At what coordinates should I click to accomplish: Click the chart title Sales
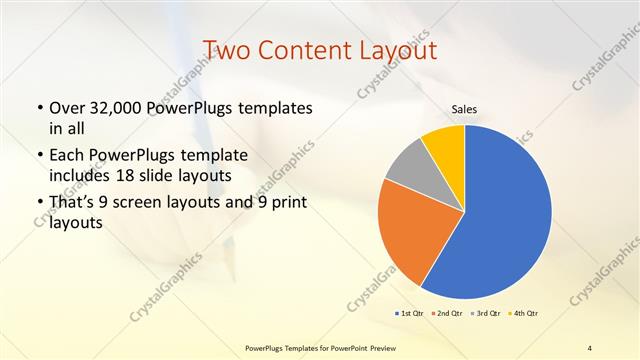click(464, 109)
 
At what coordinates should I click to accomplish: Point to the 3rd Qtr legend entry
click(487, 313)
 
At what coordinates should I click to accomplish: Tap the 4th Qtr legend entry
click(524, 313)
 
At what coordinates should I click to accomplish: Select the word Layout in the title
click(394, 49)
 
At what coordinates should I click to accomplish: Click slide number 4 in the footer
click(590, 347)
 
